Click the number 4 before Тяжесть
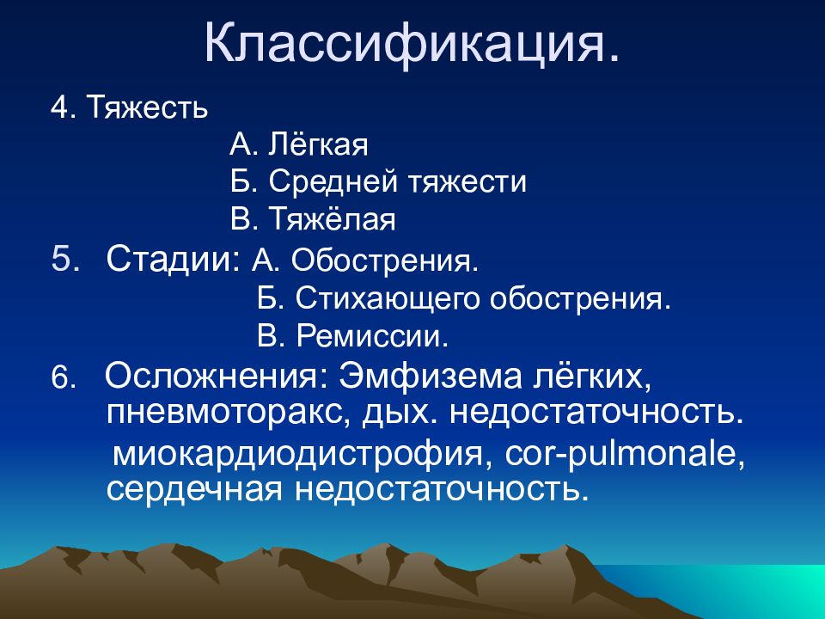click(x=58, y=109)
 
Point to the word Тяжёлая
click(x=333, y=219)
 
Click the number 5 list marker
click(x=64, y=260)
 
